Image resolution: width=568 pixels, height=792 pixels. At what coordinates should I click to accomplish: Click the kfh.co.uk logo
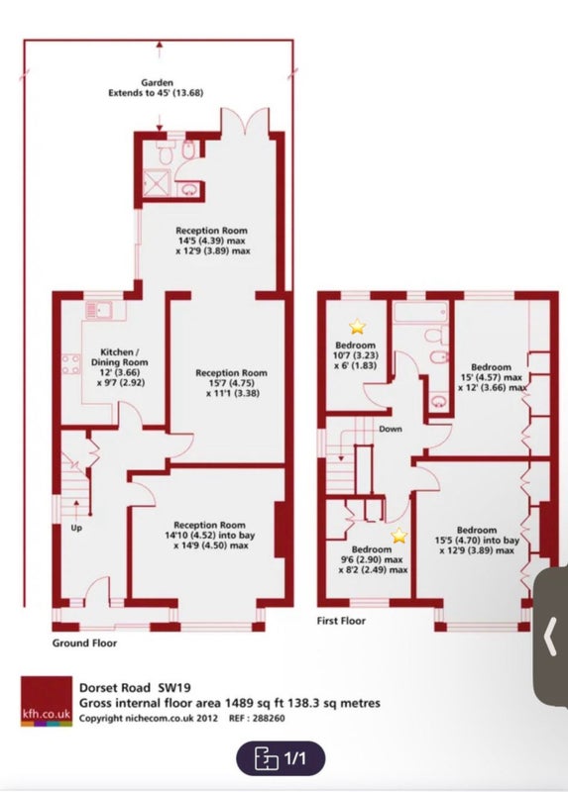click(47, 701)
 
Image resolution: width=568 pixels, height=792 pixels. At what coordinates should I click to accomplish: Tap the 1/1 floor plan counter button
click(281, 758)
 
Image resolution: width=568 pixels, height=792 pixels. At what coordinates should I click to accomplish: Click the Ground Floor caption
click(84, 643)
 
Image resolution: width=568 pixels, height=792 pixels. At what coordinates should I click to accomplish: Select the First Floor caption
click(341, 621)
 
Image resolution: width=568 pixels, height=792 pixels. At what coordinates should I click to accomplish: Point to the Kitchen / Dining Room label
click(120, 357)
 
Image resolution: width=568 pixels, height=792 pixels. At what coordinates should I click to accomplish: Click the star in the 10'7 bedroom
click(357, 327)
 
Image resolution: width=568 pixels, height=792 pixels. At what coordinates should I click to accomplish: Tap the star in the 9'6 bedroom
click(399, 536)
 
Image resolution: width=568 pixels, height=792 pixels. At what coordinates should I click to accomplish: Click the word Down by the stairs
click(391, 429)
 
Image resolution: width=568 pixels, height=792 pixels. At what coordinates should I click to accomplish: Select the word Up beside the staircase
click(76, 529)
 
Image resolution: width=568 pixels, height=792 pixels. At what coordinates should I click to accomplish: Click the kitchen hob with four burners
click(70, 364)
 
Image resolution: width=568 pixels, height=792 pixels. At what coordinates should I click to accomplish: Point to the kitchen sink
click(99, 310)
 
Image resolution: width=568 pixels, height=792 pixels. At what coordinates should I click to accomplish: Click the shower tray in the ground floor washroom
click(158, 182)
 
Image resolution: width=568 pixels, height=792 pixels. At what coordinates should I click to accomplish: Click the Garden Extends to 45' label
click(157, 87)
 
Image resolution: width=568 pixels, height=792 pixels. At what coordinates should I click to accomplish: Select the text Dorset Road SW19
click(135, 687)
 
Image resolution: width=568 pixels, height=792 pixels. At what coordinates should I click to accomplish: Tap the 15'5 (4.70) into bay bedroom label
click(477, 541)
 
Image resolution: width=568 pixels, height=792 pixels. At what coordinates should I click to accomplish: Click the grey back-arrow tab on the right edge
click(551, 637)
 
